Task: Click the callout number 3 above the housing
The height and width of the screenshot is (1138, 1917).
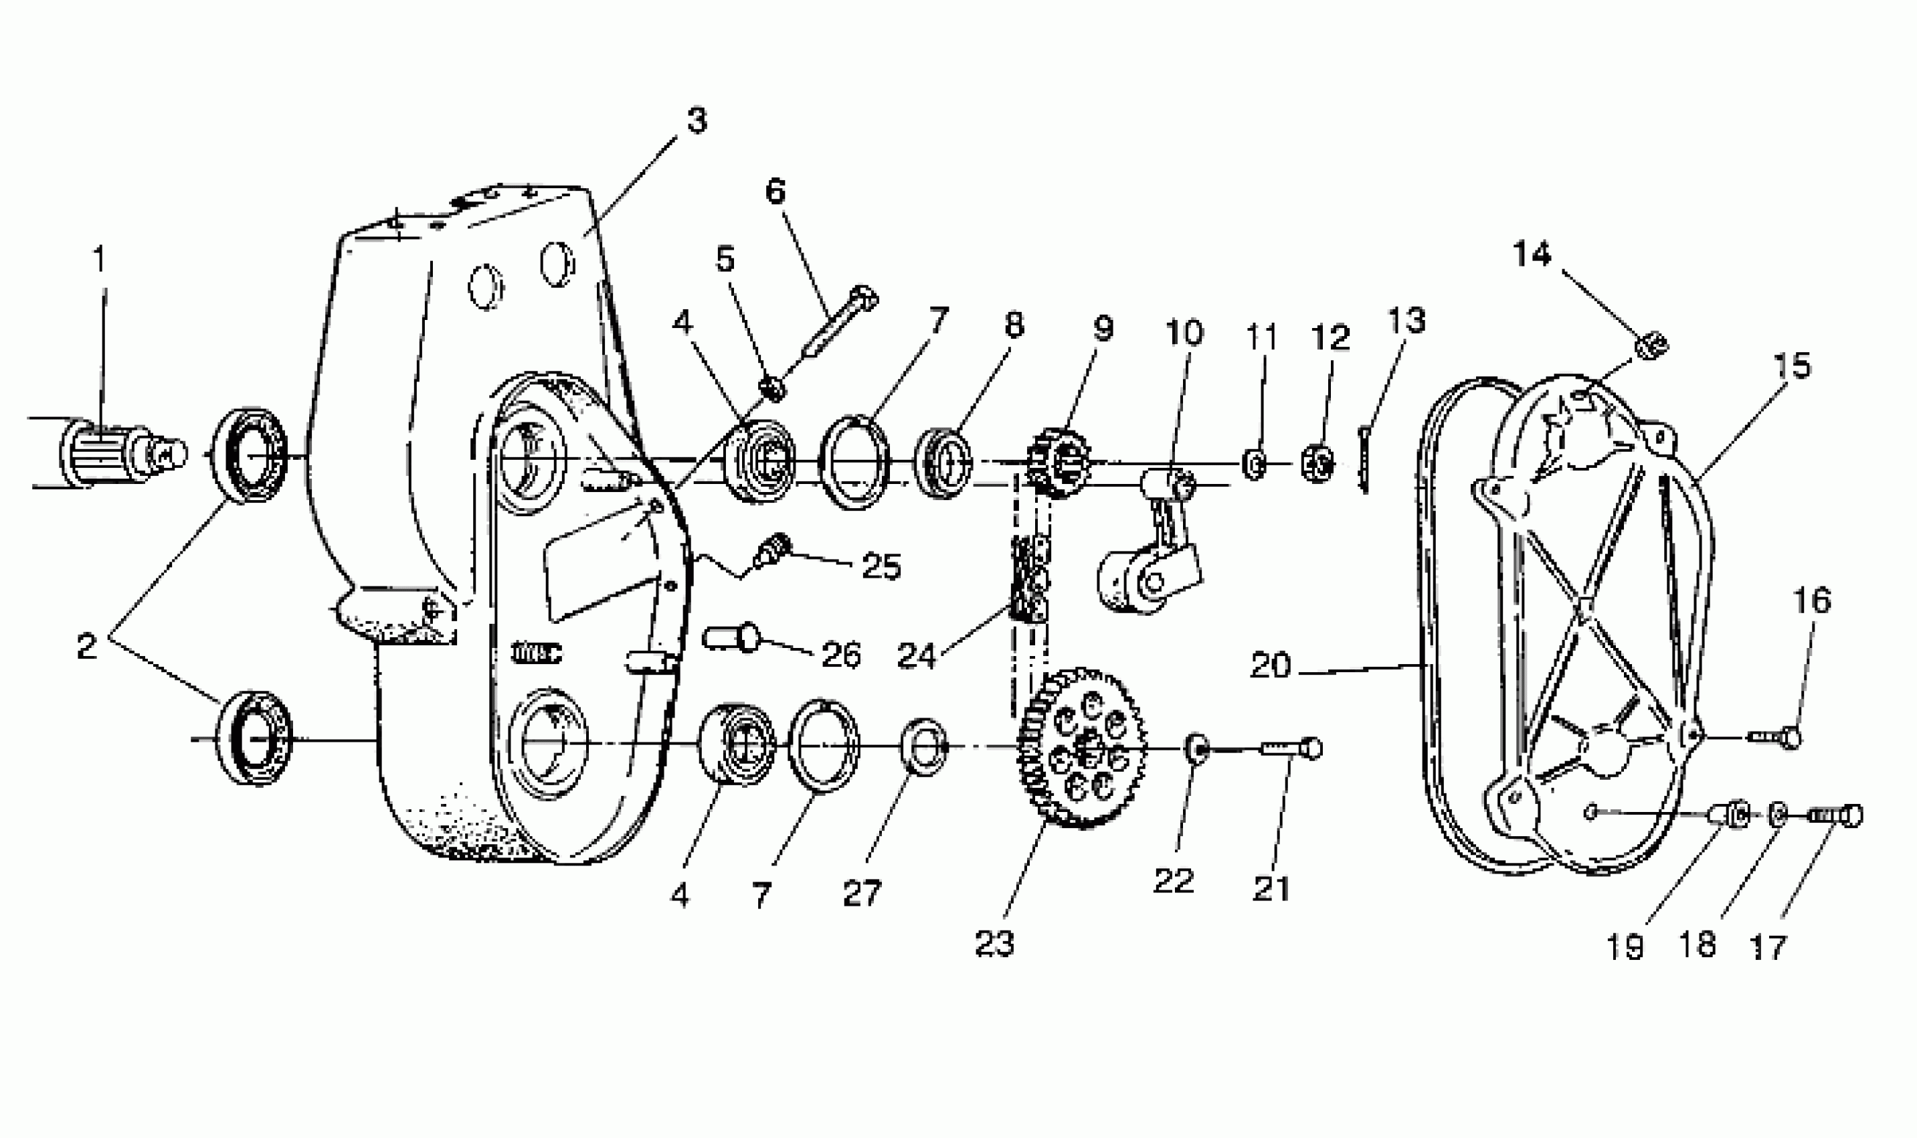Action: [696, 121]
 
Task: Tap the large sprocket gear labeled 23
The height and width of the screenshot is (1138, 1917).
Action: [1083, 748]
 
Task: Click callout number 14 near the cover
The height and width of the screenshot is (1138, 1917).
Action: [1532, 254]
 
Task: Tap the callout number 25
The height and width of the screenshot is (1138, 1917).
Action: [881, 567]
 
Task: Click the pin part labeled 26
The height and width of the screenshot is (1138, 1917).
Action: [731, 637]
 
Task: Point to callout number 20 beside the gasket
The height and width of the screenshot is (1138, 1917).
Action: [1270, 665]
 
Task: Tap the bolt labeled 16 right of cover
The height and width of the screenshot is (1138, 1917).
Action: [1776, 738]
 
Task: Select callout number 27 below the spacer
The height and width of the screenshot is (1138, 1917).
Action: [862, 894]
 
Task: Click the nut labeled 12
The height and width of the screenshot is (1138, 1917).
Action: [1317, 464]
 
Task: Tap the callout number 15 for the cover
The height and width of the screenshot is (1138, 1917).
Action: [1791, 367]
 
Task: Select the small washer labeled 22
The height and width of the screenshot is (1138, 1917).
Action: [1196, 747]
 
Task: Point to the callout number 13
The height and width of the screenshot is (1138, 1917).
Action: [1406, 321]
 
